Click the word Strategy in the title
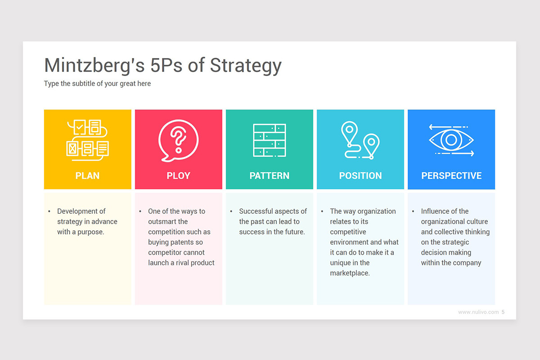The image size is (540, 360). tap(246, 66)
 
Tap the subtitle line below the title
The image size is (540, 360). tap(97, 84)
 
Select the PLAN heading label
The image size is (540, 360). tap(87, 175)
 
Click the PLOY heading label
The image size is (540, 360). tap(178, 175)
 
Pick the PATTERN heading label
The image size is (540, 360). tap(269, 175)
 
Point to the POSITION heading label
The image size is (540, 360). tap(360, 175)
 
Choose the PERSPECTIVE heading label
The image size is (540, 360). tap(451, 175)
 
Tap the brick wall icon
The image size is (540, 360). tap(269, 140)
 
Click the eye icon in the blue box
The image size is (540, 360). tap(451, 140)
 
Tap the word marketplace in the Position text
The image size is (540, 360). tap(349, 273)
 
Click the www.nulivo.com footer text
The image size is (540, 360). tap(478, 312)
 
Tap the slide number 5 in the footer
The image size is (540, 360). tap(503, 312)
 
